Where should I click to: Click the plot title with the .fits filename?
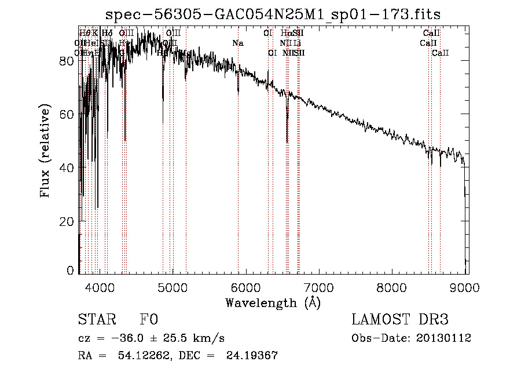pyautogui.click(x=278, y=15)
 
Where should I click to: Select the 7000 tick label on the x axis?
pyautogui.click(x=320, y=286)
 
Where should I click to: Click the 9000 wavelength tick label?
pyautogui.click(x=466, y=286)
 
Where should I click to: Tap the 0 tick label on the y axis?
pyautogui.click(x=70, y=270)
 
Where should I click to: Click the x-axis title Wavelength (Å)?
pyautogui.click(x=273, y=302)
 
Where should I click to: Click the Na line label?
pyautogui.click(x=238, y=43)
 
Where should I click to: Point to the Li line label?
pyautogui.click(x=297, y=43)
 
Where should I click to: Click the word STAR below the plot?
pyautogui.click(x=97, y=320)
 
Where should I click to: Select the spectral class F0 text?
pyautogui.click(x=149, y=320)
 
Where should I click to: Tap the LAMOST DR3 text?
pyautogui.click(x=400, y=320)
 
